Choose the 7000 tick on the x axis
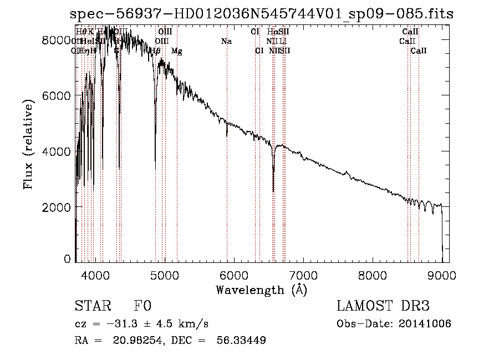[x=303, y=274]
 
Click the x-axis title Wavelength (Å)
[x=261, y=290]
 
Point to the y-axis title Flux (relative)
[x=29, y=143]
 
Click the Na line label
[x=226, y=42]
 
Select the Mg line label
[x=177, y=51]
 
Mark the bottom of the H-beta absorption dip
[x=155, y=169]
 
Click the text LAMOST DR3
[x=383, y=306]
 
